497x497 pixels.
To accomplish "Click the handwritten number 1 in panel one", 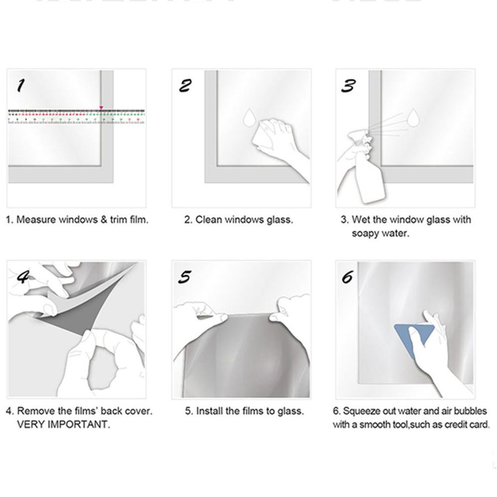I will click(x=20, y=86).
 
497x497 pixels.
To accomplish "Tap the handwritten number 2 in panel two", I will click(x=185, y=86).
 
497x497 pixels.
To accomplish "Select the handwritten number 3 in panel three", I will click(x=348, y=86).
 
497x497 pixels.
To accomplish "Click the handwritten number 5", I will click(x=184, y=277).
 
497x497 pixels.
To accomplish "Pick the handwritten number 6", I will click(x=347, y=276).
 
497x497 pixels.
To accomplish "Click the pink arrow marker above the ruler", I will click(x=101, y=107).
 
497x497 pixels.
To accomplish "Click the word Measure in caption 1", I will click(x=36, y=220).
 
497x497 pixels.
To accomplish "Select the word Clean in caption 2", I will click(x=207, y=220).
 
